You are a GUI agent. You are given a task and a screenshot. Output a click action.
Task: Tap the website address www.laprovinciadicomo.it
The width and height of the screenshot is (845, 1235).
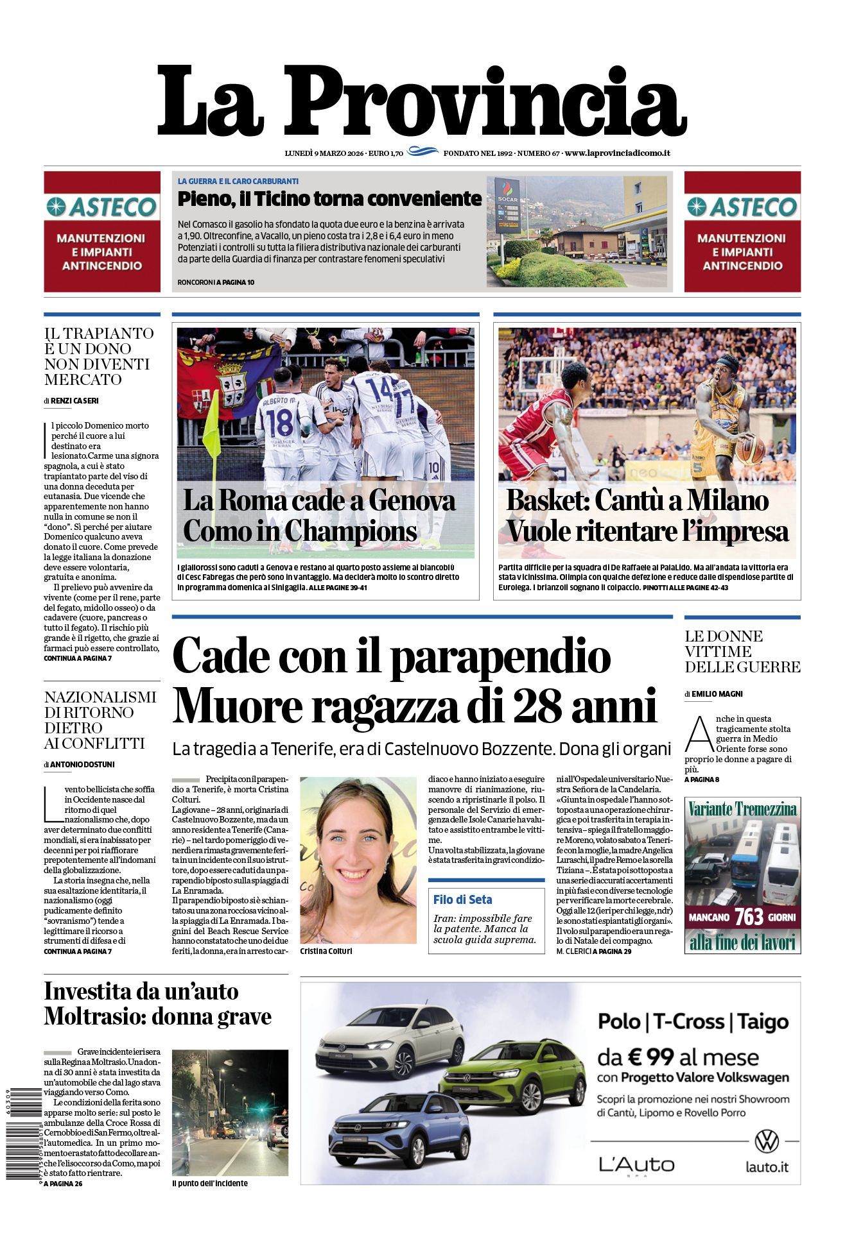(618, 153)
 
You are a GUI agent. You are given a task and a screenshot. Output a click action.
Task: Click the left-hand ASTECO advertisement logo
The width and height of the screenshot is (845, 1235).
(102, 207)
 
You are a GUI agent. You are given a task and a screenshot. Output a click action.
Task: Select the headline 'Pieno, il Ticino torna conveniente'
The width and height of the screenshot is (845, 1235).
(329, 199)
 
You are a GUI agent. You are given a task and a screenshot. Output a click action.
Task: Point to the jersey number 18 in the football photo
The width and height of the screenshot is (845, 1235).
(279, 423)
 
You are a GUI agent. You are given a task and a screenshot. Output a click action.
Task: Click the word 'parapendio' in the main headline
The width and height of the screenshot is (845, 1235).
(500, 656)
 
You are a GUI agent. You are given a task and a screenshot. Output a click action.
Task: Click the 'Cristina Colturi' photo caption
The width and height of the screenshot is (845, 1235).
(326, 951)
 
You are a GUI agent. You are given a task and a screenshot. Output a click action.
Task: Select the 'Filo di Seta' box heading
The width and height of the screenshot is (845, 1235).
(462, 899)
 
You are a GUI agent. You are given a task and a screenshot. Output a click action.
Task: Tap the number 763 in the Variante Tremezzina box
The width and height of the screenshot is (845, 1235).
(749, 917)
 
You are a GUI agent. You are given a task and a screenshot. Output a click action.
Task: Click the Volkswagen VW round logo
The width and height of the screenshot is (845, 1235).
(766, 1141)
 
